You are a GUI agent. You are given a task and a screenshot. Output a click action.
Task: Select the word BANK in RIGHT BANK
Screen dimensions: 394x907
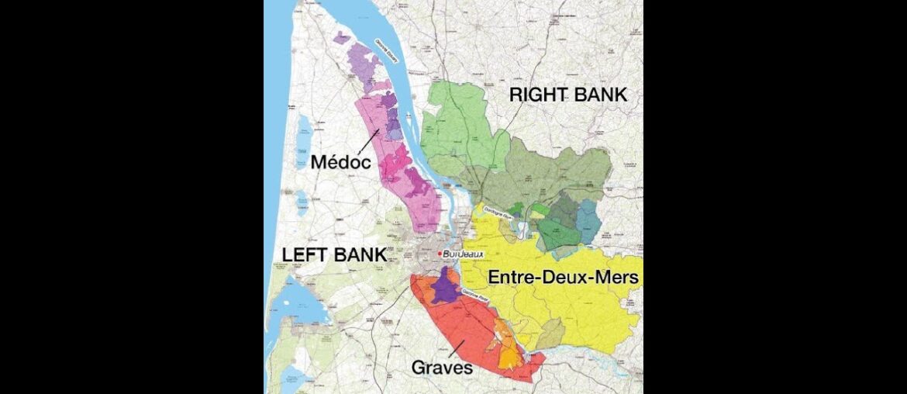[602, 95]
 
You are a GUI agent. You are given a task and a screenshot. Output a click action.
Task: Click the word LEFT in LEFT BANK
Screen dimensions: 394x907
[308, 254]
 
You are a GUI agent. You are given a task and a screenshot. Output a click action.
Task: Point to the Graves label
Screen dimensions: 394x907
[443, 368]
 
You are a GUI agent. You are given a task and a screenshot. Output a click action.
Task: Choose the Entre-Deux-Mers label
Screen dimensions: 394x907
[563, 277]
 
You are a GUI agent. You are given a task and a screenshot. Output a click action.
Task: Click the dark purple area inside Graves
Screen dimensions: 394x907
[445, 289]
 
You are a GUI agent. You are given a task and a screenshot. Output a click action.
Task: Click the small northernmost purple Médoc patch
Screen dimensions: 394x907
[341, 36]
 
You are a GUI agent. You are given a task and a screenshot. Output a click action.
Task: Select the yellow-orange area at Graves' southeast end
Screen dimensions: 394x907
[509, 357]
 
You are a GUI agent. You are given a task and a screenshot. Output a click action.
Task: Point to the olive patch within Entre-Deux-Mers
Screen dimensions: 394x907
[550, 334]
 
